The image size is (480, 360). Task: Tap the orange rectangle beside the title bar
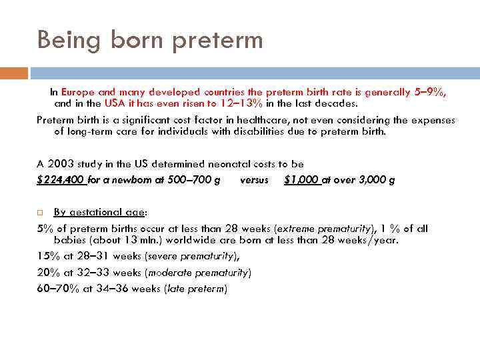pyautogui.click(x=14, y=72)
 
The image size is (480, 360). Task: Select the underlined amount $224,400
pyautogui.click(x=61, y=179)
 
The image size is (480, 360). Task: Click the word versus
pyautogui.click(x=253, y=179)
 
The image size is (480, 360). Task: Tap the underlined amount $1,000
pyautogui.click(x=302, y=179)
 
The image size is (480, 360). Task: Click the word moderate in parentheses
pyautogui.click(x=172, y=272)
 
